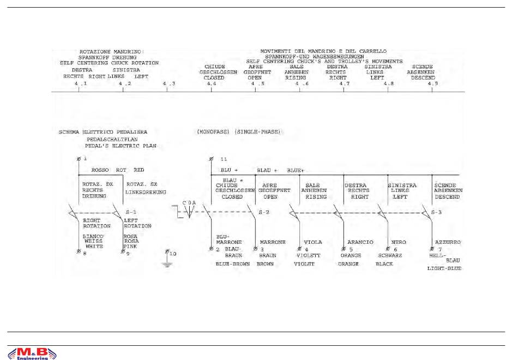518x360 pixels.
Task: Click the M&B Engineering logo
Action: point(32,353)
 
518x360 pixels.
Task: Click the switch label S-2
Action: point(263,212)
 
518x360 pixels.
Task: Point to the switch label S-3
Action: point(436,212)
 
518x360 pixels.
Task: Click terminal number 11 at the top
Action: point(224,159)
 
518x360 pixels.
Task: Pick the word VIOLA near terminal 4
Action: point(312,242)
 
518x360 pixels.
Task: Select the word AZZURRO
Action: point(448,242)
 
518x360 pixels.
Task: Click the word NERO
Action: point(397,242)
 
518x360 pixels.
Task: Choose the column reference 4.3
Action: point(169,83)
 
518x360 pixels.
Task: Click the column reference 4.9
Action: point(432,83)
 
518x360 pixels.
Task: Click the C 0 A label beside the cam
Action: point(189,202)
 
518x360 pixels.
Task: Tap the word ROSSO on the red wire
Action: point(101,170)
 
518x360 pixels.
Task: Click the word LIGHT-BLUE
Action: point(444,268)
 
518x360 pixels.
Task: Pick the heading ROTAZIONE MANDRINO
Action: point(110,51)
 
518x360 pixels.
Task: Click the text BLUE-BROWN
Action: point(233,264)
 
